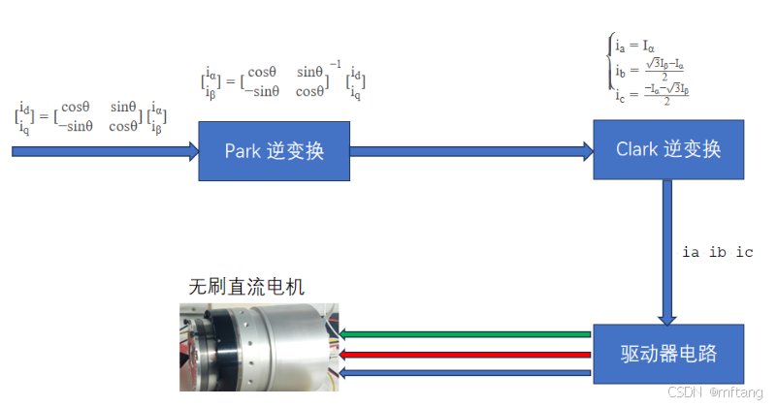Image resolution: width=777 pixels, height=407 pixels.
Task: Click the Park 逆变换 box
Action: coord(274,150)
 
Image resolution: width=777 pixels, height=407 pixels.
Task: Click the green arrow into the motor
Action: coord(466,334)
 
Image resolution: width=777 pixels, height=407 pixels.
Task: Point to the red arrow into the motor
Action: coord(466,354)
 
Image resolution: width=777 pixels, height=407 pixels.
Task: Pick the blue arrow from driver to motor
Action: coord(466,372)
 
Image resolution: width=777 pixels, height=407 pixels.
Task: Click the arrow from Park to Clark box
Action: coord(471,150)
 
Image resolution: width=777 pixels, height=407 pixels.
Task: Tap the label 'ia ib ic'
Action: coord(718,253)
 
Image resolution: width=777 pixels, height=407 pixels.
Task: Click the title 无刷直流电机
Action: coord(245,287)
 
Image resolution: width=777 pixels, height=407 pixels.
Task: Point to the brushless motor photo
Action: coord(260,348)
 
